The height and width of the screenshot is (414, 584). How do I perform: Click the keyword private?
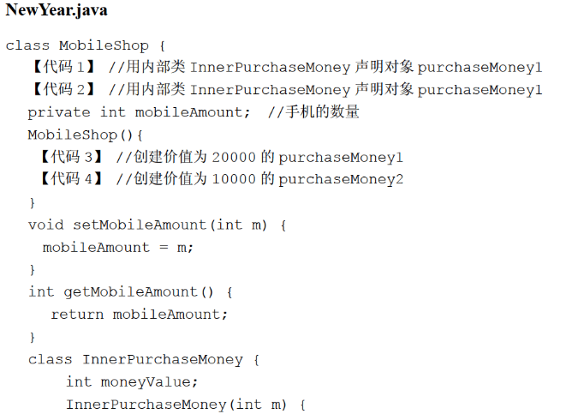tap(59, 112)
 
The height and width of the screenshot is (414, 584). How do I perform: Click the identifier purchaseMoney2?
tap(340, 180)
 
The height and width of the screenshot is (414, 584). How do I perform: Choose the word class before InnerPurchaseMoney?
tap(51, 359)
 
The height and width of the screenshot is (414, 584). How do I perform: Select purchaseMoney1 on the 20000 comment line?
tap(340, 158)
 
